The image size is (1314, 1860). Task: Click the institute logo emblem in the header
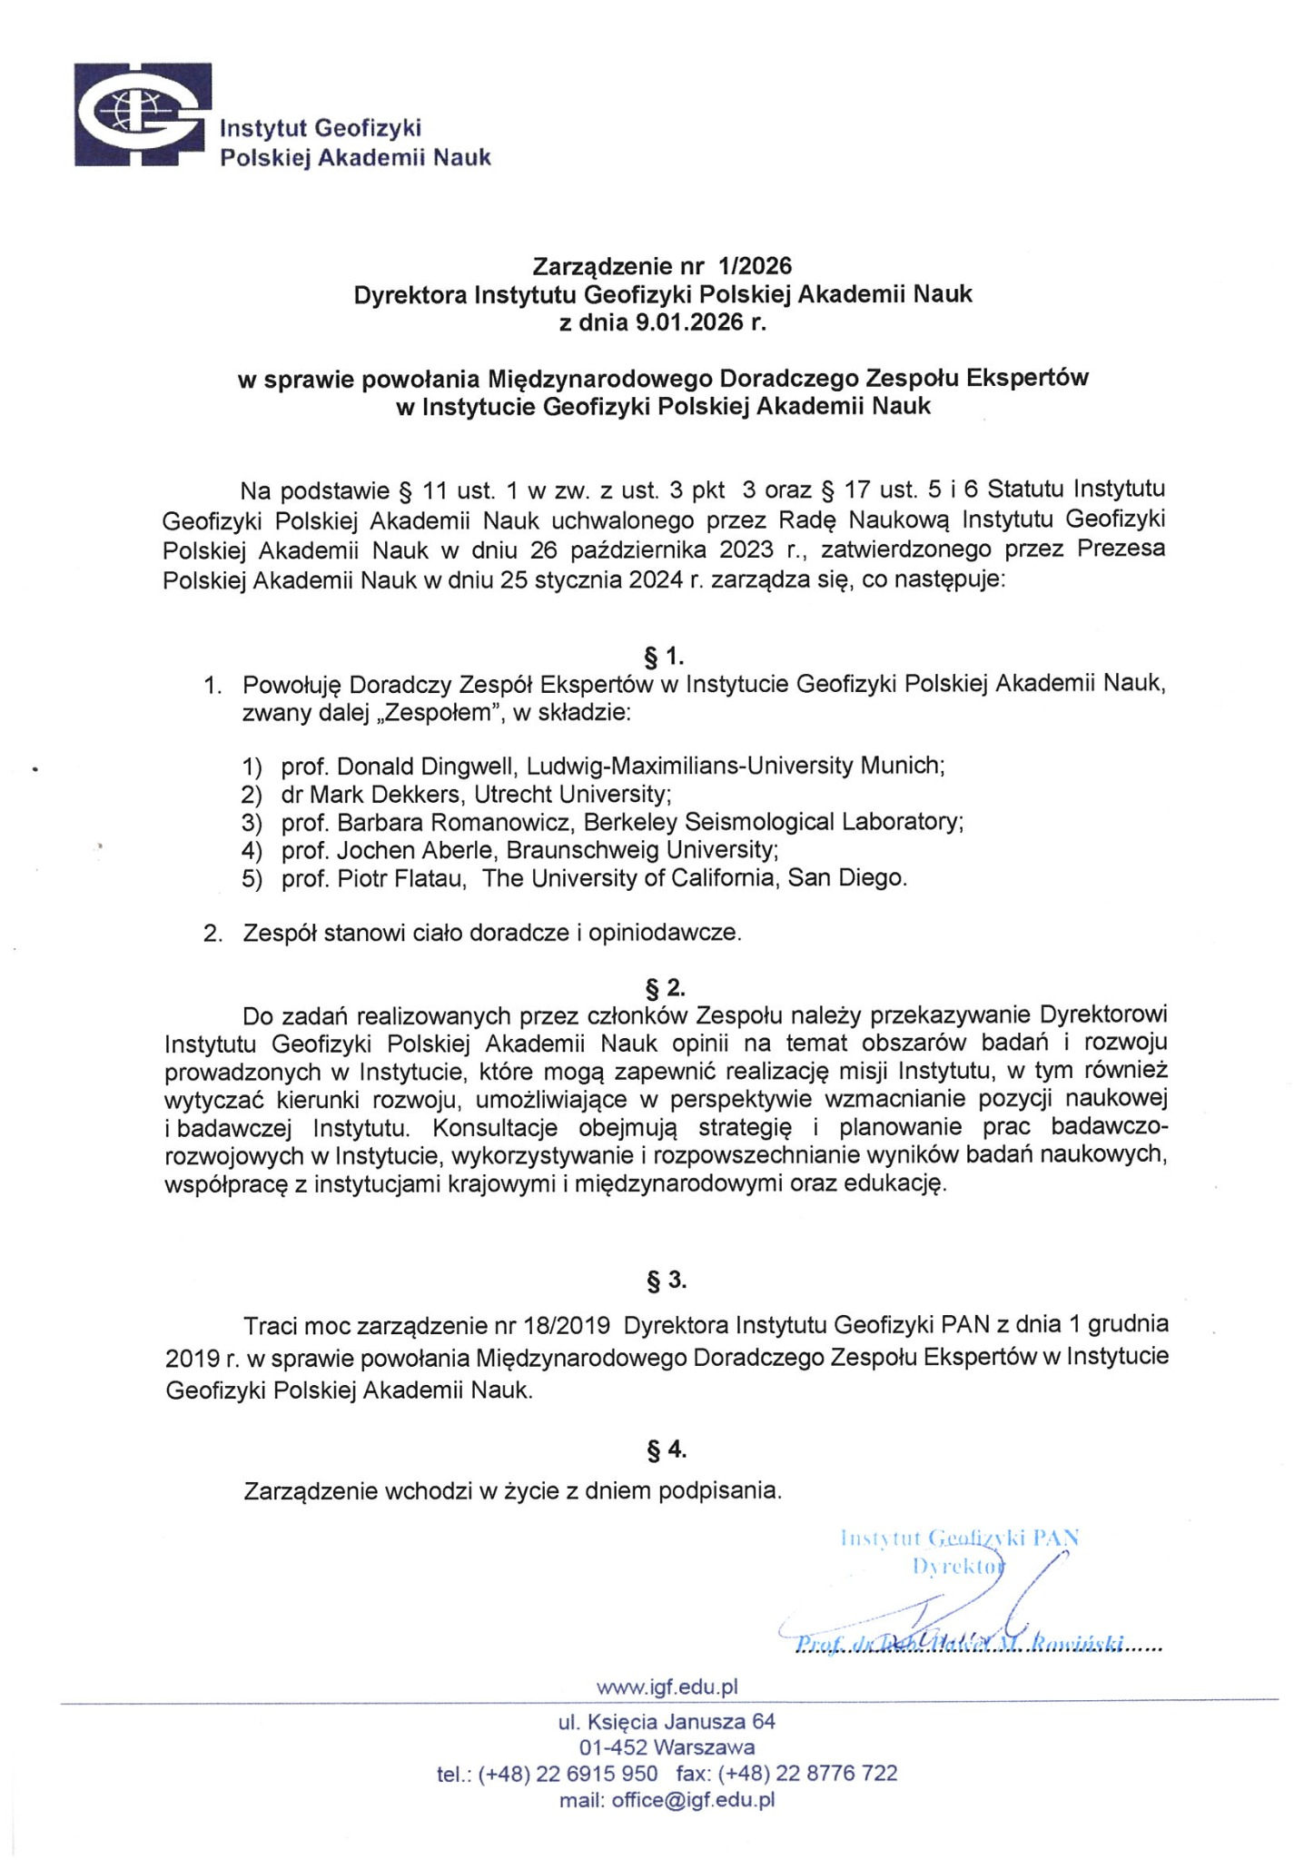pos(142,114)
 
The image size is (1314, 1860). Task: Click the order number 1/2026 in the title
pos(754,266)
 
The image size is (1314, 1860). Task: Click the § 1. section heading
pos(664,656)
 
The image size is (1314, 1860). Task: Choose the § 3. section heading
pos(666,1281)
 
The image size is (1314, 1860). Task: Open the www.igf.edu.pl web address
pos(667,1687)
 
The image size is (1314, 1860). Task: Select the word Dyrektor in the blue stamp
pos(959,1566)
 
